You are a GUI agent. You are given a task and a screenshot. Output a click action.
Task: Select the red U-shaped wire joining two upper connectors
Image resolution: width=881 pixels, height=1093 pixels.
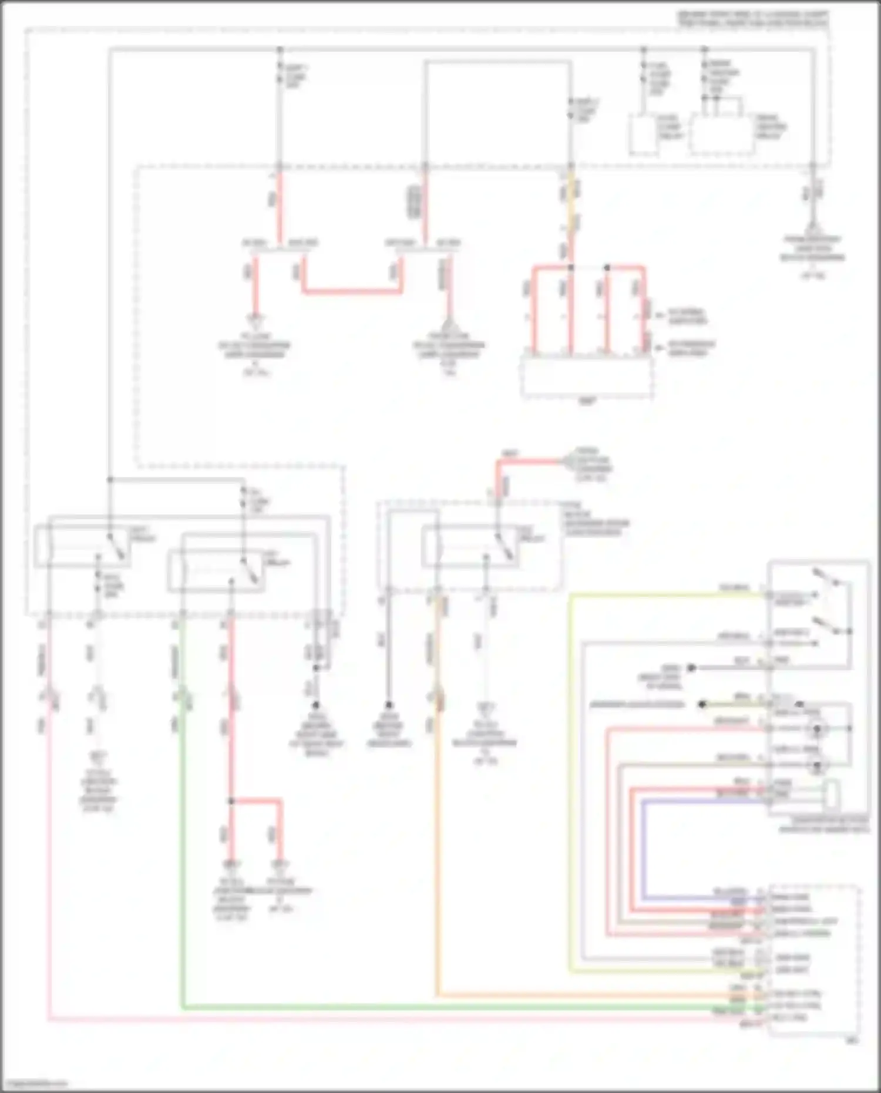tap(352, 291)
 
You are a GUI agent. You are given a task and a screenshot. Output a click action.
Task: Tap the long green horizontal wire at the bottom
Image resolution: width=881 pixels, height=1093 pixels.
tap(446, 1008)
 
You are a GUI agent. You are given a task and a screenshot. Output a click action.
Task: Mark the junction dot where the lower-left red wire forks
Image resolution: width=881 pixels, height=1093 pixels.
tap(231, 801)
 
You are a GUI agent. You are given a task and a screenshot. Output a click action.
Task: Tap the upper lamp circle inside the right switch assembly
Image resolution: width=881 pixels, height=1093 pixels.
tap(817, 729)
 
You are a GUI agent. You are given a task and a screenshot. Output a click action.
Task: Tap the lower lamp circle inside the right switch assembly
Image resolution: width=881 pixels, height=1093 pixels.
tap(817, 765)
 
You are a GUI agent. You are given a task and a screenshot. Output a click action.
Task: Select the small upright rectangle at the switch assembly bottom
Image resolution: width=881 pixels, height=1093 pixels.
tap(830, 795)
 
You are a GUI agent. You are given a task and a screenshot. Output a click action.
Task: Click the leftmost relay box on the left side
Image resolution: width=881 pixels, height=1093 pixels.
tap(82, 546)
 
